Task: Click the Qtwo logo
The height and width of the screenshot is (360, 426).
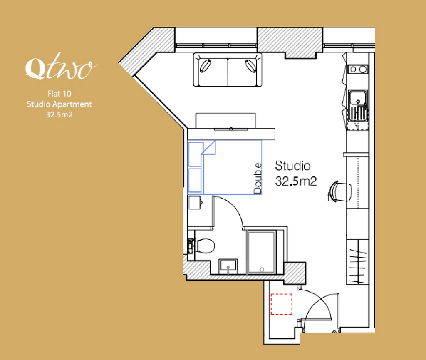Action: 62,66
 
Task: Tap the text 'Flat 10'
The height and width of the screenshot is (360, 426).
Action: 59,94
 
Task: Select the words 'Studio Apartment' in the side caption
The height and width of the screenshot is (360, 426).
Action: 59,104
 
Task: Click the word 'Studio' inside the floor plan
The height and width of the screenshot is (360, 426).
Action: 292,166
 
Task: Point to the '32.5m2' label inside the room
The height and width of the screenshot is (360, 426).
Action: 296,181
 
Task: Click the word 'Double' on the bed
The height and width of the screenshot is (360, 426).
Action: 258,178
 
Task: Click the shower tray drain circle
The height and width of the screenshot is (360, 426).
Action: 262,270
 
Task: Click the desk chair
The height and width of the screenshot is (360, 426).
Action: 340,192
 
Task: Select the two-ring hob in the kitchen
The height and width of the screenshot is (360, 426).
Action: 358,69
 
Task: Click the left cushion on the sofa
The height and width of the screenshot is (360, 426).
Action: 205,66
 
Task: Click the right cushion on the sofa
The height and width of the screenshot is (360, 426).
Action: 250,66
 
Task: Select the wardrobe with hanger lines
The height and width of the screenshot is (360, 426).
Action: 357,262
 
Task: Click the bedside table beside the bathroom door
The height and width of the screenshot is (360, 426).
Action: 195,202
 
